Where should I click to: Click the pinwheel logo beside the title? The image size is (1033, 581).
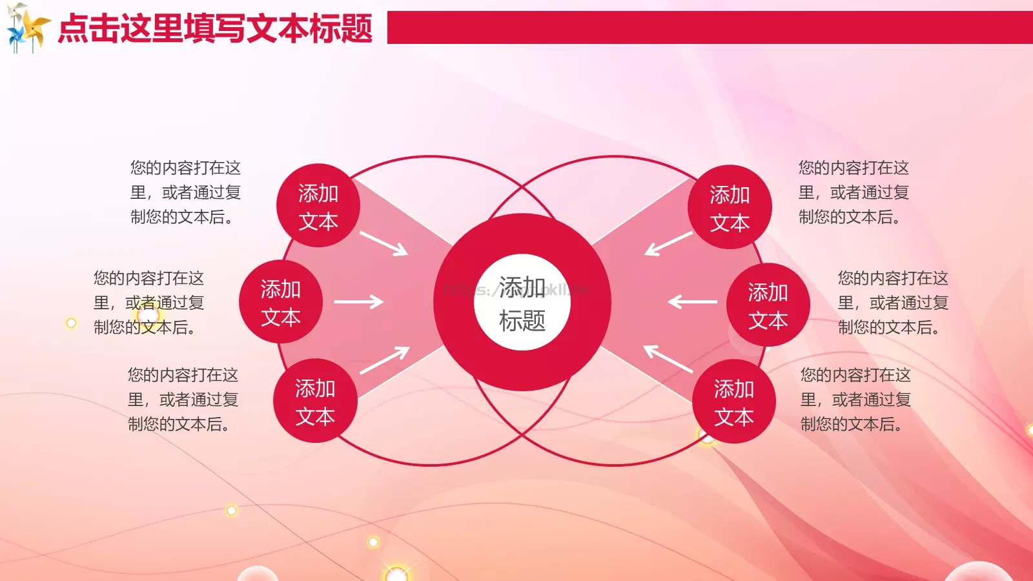click(x=27, y=27)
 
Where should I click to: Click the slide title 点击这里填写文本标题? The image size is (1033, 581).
click(x=215, y=28)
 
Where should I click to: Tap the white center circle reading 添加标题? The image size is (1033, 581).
click(x=522, y=302)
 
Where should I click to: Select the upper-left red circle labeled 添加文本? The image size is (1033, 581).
click(x=318, y=206)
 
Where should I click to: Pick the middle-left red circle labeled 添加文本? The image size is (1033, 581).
click(x=280, y=302)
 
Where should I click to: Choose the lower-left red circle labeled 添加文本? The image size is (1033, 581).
click(x=315, y=401)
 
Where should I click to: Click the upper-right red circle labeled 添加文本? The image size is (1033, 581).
click(x=730, y=207)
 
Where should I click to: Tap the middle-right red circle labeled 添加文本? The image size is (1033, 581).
click(x=768, y=305)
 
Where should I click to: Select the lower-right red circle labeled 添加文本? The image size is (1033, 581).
click(x=734, y=402)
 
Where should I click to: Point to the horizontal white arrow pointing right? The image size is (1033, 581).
click(x=358, y=301)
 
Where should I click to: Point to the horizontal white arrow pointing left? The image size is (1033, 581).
click(x=693, y=301)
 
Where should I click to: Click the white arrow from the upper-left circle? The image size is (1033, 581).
click(x=384, y=243)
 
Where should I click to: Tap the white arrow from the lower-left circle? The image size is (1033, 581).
click(x=384, y=360)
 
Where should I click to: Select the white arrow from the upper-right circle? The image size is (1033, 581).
click(x=668, y=243)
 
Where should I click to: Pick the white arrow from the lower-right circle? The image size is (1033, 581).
click(x=668, y=359)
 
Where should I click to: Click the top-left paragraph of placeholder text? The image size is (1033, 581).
click(x=185, y=192)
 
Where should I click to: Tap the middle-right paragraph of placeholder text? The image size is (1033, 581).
click(x=893, y=303)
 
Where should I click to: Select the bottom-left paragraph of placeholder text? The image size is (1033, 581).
click(x=183, y=400)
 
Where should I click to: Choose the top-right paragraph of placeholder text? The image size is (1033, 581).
click(x=854, y=192)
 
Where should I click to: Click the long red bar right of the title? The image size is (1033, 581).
click(x=710, y=27)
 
